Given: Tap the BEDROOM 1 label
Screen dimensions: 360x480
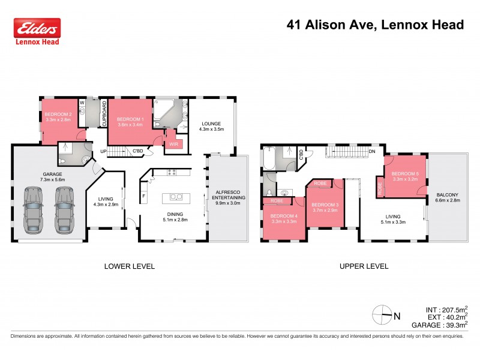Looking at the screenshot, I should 130,122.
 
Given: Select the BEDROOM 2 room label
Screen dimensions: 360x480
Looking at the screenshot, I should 58,117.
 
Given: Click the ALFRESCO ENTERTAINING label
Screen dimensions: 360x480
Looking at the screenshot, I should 227,199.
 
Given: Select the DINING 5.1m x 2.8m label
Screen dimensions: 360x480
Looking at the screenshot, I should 175,217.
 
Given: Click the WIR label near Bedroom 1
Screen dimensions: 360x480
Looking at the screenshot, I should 173,144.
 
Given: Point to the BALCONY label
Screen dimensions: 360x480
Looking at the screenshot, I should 447,197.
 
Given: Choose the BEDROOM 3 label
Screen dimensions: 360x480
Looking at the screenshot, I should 325,208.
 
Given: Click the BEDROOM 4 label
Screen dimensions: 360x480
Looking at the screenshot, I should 283,218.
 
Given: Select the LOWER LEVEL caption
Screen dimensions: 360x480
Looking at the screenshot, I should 129,266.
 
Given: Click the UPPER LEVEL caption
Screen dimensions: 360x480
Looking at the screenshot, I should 363,266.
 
